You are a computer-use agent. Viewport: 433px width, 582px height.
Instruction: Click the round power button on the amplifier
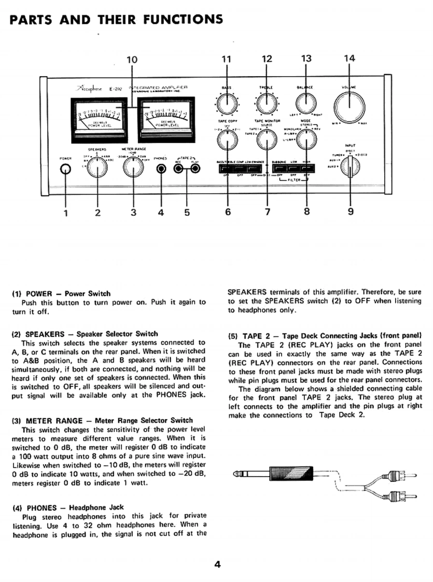65,169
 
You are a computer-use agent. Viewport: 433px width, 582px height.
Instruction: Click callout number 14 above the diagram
350,59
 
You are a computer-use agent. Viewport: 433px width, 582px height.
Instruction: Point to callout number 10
132,59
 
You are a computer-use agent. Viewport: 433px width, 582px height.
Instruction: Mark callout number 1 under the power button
65,212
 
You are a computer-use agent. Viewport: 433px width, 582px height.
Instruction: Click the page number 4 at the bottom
217,565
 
